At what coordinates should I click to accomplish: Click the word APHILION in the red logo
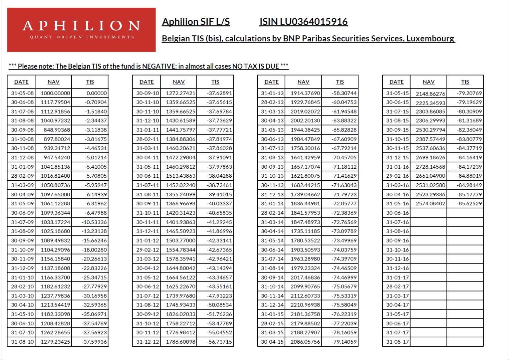pyautogui.click(x=81, y=26)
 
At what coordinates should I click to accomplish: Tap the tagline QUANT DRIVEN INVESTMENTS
pyautogui.click(x=82, y=37)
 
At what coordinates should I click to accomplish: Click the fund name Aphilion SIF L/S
pyautogui.click(x=196, y=22)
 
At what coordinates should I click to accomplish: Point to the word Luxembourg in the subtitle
pyautogui.click(x=430, y=38)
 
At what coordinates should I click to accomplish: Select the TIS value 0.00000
pyautogui.click(x=96, y=93)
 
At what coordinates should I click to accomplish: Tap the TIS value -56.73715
pyautogui.click(x=219, y=342)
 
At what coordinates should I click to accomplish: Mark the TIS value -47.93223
pyautogui.click(x=219, y=296)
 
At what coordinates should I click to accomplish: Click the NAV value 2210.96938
pyautogui.click(x=305, y=305)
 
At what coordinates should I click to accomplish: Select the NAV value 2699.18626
pyautogui.click(x=430, y=158)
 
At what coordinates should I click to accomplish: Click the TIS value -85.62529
pyautogui.click(x=469, y=204)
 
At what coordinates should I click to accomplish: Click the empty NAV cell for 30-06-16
pyautogui.click(x=429, y=213)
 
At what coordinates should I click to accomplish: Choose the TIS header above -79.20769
pyautogui.click(x=465, y=82)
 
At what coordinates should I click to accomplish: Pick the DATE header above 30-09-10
pyautogui.click(x=147, y=82)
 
